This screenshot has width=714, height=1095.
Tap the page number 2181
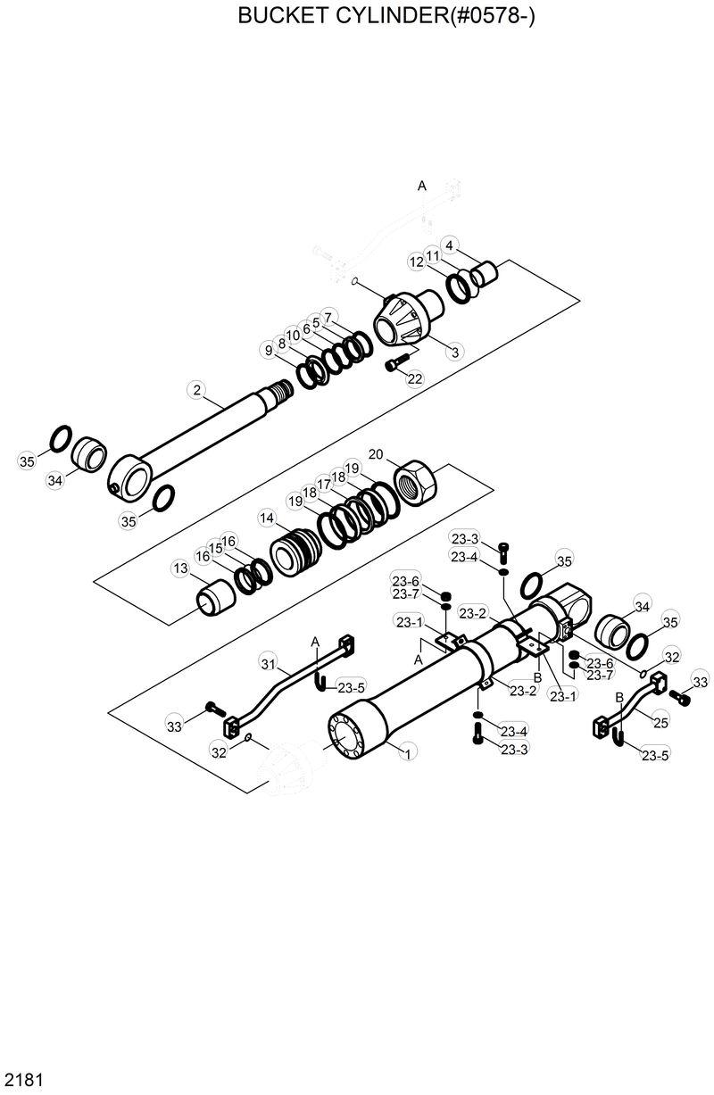tap(21, 1080)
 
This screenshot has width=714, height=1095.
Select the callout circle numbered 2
tap(197, 389)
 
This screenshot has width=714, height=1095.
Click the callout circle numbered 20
tap(376, 454)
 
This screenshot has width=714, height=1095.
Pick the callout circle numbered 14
tap(267, 518)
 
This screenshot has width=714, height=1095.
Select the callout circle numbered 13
tap(180, 568)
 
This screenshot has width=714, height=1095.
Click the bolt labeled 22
tap(395, 363)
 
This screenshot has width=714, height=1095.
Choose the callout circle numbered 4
tap(450, 245)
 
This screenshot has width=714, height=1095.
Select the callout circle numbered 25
tap(661, 723)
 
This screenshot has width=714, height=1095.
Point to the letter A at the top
tap(422, 186)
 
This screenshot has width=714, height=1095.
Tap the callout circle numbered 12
tap(417, 262)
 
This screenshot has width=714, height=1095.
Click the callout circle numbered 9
tap(268, 351)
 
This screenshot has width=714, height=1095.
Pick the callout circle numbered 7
tap(328, 317)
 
